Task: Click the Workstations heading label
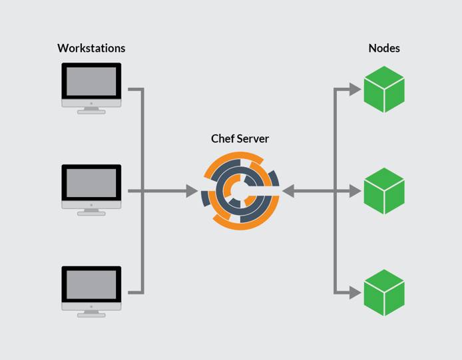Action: pyautogui.click(x=91, y=48)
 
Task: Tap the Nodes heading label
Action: pyautogui.click(x=384, y=48)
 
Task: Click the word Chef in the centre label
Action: pyautogui.click(x=223, y=138)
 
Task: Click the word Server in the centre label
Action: pyautogui.click(x=253, y=138)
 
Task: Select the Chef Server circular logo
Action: pyautogui.click(x=240, y=192)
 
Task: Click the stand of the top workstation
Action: pyautogui.click(x=91, y=110)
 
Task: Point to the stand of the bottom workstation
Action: pyautogui.click(x=91, y=313)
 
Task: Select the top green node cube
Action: pyautogui.click(x=384, y=89)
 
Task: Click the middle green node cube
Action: pyautogui.click(x=384, y=191)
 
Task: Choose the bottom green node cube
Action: pyautogui.click(x=384, y=292)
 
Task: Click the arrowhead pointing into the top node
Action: pyautogui.click(x=354, y=89)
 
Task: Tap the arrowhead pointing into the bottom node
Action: pyautogui.click(x=354, y=292)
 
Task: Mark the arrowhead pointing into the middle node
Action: pyautogui.click(x=354, y=191)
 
